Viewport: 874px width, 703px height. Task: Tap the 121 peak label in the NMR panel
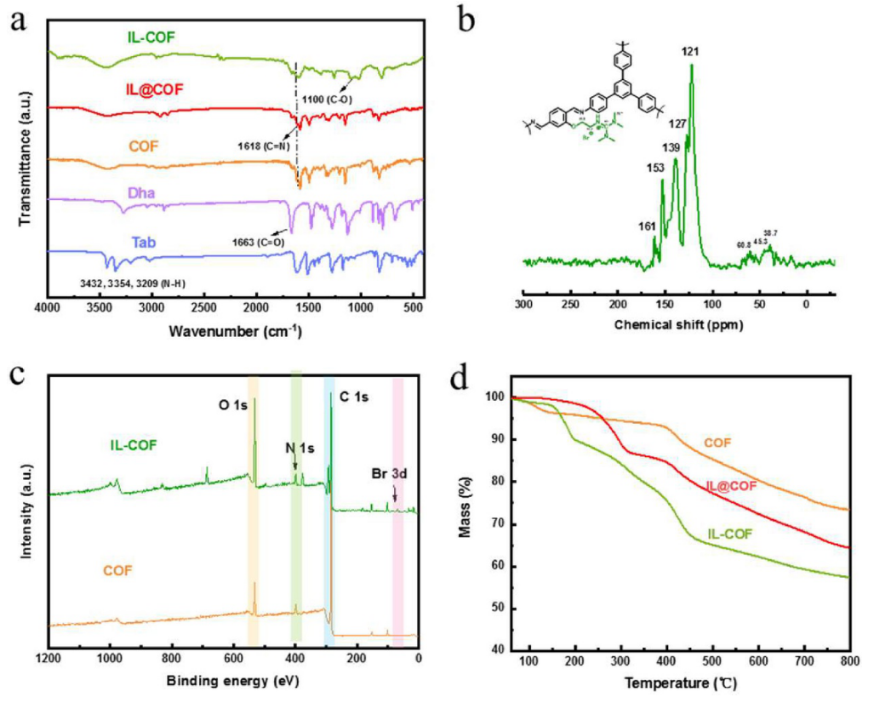pyautogui.click(x=690, y=53)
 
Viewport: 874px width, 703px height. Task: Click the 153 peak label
pyautogui.click(x=655, y=168)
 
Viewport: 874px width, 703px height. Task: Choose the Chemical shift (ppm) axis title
pyautogui.click(x=678, y=324)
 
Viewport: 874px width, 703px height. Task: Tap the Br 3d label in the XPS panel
pyautogui.click(x=392, y=472)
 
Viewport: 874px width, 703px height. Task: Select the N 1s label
pyautogui.click(x=298, y=449)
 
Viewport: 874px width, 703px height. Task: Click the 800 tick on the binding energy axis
pyautogui.click(x=170, y=658)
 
